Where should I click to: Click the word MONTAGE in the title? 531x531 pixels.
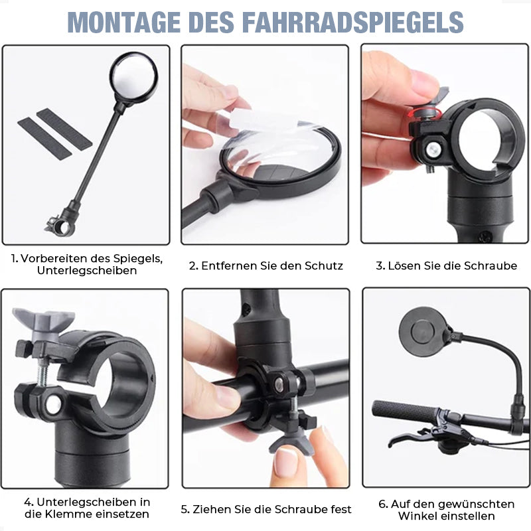click(124, 23)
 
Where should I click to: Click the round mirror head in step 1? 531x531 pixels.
click(134, 77)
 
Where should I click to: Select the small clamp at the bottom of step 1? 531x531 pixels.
click(60, 226)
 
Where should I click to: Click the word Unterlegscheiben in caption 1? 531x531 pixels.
click(87, 271)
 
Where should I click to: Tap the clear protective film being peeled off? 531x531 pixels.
click(271, 139)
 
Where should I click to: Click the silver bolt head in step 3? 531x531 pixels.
click(434, 149)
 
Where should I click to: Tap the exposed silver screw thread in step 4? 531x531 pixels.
click(41, 372)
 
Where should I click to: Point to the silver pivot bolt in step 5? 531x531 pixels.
click(279, 384)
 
